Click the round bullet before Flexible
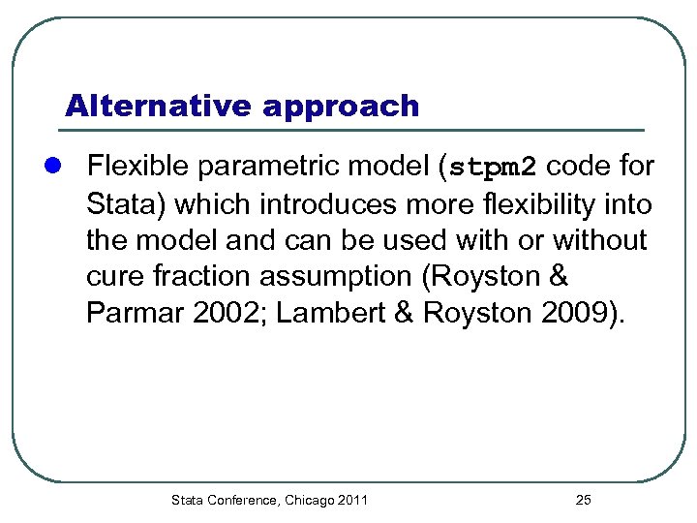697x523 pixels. click(x=57, y=168)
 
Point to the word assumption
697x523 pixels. click(x=341, y=276)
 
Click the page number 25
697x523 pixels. click(x=583, y=500)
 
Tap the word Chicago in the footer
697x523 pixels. click(x=309, y=500)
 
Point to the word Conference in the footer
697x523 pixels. click(x=241, y=500)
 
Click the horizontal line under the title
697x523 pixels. click(x=353, y=130)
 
